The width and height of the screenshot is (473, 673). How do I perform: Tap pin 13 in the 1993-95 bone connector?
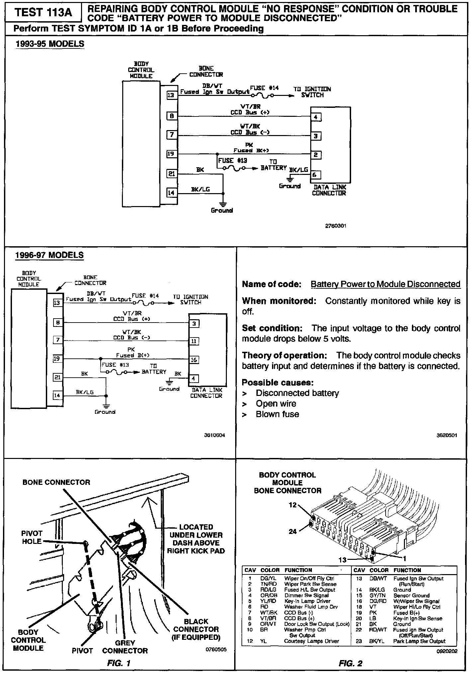pyautogui.click(x=171, y=95)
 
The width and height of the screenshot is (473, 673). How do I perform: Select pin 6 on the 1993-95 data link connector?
pyautogui.click(x=316, y=175)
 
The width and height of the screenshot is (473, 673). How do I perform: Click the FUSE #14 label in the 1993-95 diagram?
pyautogui.click(x=264, y=88)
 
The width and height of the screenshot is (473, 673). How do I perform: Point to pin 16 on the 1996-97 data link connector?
pyautogui.click(x=194, y=360)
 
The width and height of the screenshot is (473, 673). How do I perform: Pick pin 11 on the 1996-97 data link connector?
pyautogui.click(x=194, y=341)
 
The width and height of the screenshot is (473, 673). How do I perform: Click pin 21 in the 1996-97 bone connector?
pyautogui.click(x=58, y=377)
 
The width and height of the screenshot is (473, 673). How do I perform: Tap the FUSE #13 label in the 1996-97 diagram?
pyautogui.click(x=115, y=365)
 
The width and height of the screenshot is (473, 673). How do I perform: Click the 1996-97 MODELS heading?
pyautogui.click(x=49, y=255)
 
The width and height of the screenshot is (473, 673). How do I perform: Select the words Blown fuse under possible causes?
pyautogui.click(x=277, y=414)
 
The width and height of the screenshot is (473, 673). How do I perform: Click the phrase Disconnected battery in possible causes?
pyautogui.click(x=297, y=393)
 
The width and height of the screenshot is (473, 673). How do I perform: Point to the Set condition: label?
pyautogui.click(x=272, y=328)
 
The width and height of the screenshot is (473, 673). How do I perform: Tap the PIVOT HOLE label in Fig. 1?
pyautogui.click(x=32, y=537)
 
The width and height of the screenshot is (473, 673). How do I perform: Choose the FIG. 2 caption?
pyautogui.click(x=350, y=663)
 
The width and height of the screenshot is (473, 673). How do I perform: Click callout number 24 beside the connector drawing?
pyautogui.click(x=293, y=531)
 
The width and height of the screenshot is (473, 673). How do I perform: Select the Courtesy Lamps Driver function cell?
pyautogui.click(x=311, y=641)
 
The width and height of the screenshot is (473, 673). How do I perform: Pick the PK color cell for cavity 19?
pyautogui.click(x=373, y=613)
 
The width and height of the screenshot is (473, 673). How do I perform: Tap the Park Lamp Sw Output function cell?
pyautogui.click(x=419, y=641)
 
